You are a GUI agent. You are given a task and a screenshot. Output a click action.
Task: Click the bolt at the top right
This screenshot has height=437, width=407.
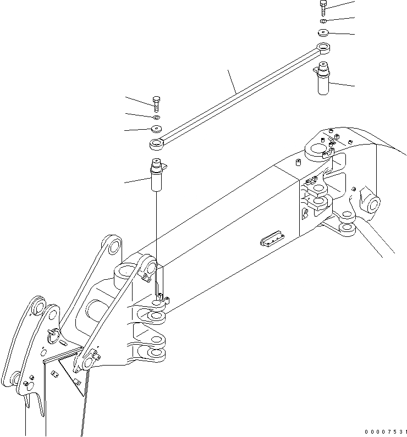pyautogui.click(x=323, y=8)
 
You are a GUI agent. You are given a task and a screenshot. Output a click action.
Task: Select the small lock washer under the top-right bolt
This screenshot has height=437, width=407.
pyautogui.click(x=324, y=21)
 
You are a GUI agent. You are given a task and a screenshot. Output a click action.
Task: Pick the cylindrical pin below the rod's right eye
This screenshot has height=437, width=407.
pyautogui.click(x=322, y=79)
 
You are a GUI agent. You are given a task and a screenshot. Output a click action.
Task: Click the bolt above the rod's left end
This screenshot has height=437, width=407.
pyautogui.click(x=157, y=103)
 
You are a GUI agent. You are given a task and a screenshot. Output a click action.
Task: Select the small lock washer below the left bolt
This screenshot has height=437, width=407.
pyautogui.click(x=157, y=117)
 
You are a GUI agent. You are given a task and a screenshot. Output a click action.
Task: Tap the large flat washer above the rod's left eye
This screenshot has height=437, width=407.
pyautogui.click(x=156, y=129)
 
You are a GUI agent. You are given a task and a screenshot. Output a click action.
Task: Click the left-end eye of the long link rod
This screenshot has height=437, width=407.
pyautogui.click(x=156, y=145)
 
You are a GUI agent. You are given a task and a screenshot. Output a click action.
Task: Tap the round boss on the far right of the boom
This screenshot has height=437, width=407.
pyautogui.click(x=371, y=203)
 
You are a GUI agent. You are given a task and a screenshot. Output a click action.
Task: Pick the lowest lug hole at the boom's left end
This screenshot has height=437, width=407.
pyautogui.click(x=156, y=352)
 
